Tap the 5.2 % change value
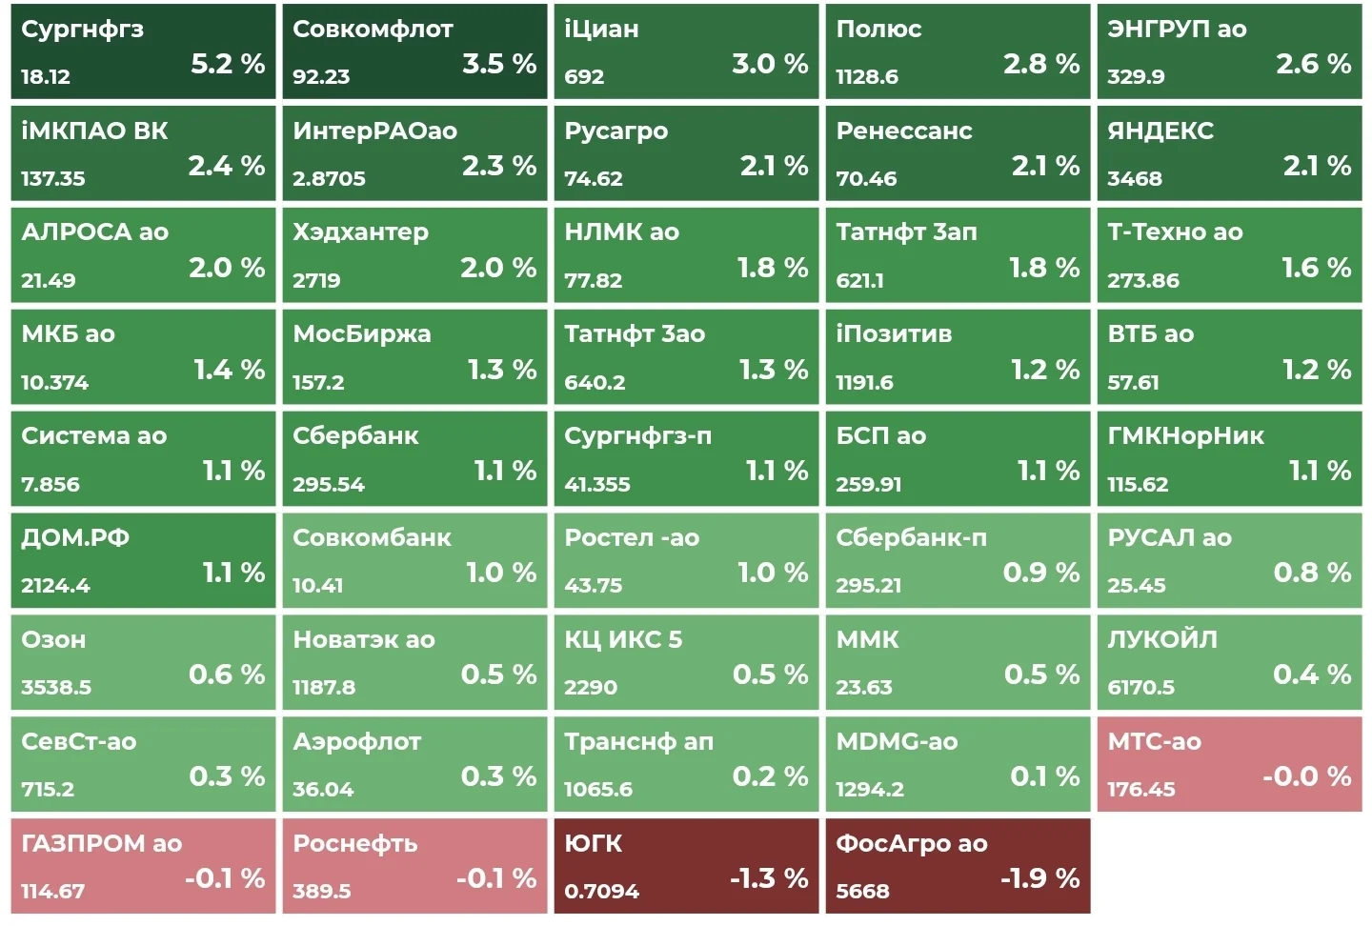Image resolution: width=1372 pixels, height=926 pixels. (x=228, y=64)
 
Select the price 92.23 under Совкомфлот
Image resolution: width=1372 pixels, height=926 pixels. (x=321, y=76)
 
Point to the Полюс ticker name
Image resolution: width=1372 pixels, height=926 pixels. (x=878, y=29)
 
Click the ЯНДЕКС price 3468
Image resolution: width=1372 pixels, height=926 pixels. (x=1135, y=178)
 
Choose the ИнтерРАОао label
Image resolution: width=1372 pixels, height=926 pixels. (x=374, y=131)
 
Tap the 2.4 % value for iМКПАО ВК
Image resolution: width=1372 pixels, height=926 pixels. (x=227, y=166)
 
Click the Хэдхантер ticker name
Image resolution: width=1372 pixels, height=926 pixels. (x=361, y=232)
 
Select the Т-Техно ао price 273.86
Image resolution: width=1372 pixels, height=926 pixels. (x=1143, y=280)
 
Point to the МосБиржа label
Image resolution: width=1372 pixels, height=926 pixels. (x=362, y=334)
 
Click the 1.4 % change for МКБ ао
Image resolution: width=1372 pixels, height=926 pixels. (x=230, y=370)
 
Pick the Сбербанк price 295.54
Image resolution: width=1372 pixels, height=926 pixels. (x=329, y=484)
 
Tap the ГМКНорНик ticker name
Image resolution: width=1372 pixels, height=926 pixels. (x=1186, y=435)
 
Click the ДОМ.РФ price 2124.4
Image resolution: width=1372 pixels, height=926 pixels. (x=55, y=586)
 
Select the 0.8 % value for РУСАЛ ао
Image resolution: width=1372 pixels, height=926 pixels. (x=1313, y=573)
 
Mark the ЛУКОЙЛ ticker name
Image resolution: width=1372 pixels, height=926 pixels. (x=1162, y=639)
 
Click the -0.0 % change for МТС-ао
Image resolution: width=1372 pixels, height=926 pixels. (x=1307, y=776)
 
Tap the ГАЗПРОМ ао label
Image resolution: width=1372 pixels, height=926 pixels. (x=102, y=843)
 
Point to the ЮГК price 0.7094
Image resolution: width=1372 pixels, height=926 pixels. (x=601, y=891)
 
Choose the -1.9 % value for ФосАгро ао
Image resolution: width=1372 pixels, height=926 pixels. (x=1040, y=878)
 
